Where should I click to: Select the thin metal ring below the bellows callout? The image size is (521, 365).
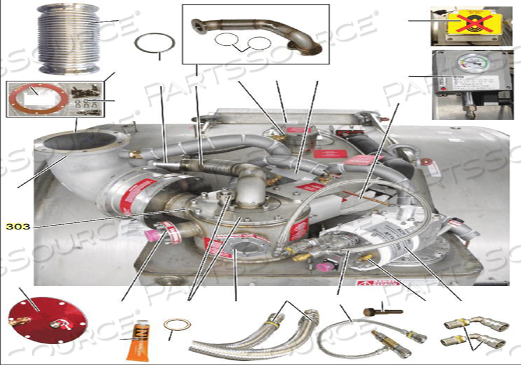coord(155,47)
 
